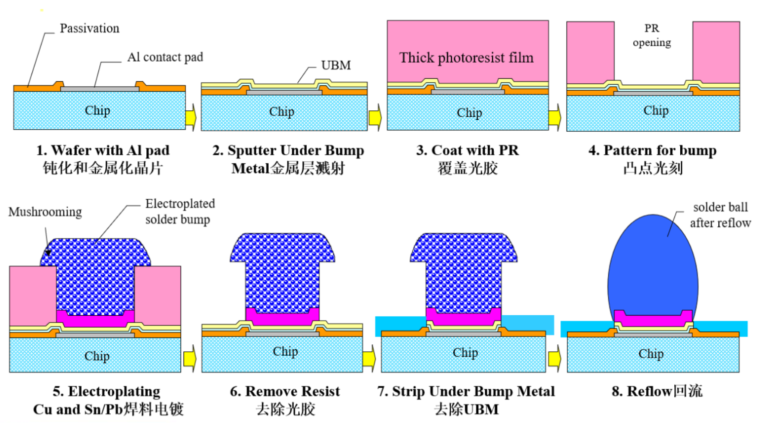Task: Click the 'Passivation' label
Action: click(89, 29)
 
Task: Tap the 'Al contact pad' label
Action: click(165, 57)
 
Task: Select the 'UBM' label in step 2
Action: click(336, 66)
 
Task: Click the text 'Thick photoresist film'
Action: click(466, 58)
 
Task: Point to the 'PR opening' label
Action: click(652, 35)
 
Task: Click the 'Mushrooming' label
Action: click(45, 212)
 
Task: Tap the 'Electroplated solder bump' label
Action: click(179, 211)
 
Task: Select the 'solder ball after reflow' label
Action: click(720, 215)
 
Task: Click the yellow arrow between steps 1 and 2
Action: click(191, 118)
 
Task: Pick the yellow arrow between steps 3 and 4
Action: click(554, 118)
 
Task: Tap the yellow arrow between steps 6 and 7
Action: click(369, 359)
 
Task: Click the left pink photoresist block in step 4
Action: click(590, 52)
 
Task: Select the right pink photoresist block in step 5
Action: click(157, 296)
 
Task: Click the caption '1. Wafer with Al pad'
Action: click(103, 150)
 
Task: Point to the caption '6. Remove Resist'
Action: click(285, 391)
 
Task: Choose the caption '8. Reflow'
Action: click(657, 391)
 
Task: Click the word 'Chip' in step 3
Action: click(469, 113)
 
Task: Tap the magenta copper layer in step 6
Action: click(282, 317)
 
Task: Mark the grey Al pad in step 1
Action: click(100, 89)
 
